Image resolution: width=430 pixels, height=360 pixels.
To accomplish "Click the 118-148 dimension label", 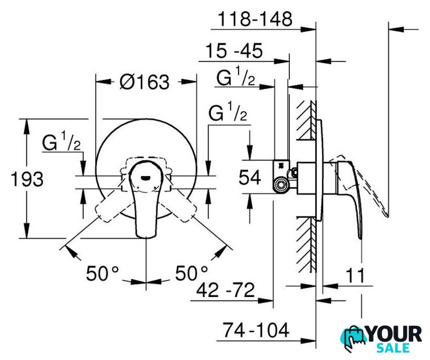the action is point(255,20).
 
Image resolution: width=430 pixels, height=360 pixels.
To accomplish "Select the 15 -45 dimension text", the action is point(234,51).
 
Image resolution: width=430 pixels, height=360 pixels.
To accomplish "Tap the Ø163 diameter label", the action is point(145,82).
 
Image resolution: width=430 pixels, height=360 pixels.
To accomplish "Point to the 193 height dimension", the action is point(27,179).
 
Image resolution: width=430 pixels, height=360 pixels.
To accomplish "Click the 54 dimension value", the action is point(249,177).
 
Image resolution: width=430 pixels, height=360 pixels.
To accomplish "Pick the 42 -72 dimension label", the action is point(226,290).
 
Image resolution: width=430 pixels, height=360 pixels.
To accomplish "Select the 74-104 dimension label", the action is point(256,330).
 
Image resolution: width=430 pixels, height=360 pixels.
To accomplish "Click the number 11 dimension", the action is point(355,275).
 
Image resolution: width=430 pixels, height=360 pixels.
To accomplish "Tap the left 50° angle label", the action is point(102,273).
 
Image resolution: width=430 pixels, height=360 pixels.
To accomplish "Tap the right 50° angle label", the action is point(191,273).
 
